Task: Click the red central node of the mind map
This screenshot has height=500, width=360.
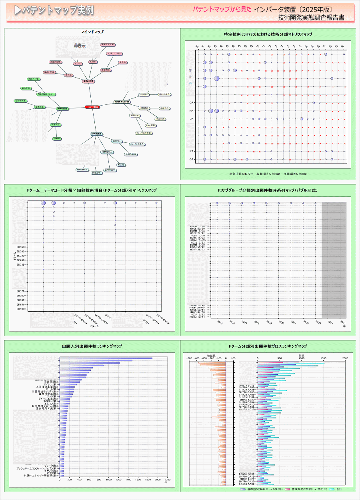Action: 92,107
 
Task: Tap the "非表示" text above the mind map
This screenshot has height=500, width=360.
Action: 80,46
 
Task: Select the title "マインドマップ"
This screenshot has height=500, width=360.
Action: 92,32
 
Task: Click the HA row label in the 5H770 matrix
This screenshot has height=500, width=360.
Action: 192,111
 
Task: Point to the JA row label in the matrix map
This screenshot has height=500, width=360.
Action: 192,119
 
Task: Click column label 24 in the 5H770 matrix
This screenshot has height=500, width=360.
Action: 343,46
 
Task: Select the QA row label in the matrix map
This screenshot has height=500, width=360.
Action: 192,159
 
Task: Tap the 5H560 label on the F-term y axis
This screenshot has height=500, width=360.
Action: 21,247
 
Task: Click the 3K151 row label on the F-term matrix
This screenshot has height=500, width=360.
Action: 21,304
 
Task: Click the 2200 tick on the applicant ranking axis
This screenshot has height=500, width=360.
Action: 168,480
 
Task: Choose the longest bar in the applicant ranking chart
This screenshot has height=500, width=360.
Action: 106,358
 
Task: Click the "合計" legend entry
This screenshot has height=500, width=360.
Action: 340,489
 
